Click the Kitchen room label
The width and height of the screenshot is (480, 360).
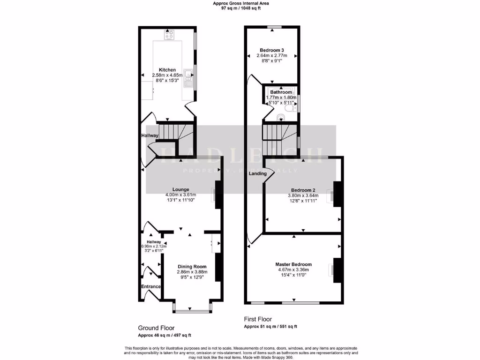click(x=167, y=70)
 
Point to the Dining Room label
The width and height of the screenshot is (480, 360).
click(x=192, y=266)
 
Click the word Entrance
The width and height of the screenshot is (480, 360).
click(x=151, y=286)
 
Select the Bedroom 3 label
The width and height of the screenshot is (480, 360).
click(x=272, y=50)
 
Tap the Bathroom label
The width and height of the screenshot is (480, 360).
click(x=281, y=92)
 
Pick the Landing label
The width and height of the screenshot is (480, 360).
click(x=257, y=173)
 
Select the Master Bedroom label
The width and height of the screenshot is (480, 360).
click(x=293, y=264)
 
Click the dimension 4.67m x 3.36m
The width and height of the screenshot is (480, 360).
click(x=293, y=270)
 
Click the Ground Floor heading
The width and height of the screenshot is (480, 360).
click(x=156, y=328)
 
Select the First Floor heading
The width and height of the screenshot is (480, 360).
click(x=258, y=319)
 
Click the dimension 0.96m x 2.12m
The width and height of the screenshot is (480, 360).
click(x=151, y=246)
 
